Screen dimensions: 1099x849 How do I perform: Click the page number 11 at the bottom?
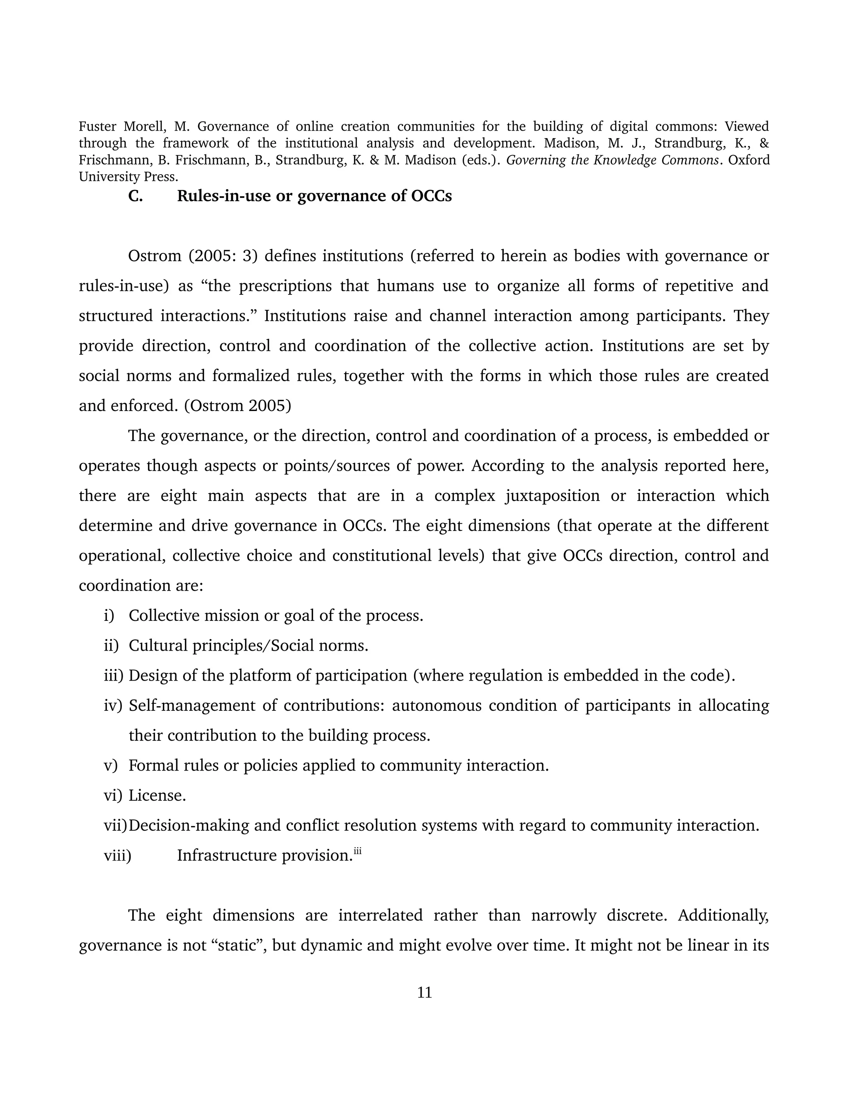(424, 992)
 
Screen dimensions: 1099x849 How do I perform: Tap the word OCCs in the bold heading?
(431, 196)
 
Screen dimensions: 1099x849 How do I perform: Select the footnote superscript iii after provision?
(358, 851)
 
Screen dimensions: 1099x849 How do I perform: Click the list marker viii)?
(117, 856)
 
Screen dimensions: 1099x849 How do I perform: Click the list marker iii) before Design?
(114, 675)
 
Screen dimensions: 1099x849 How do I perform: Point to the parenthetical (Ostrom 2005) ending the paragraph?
(238, 406)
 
